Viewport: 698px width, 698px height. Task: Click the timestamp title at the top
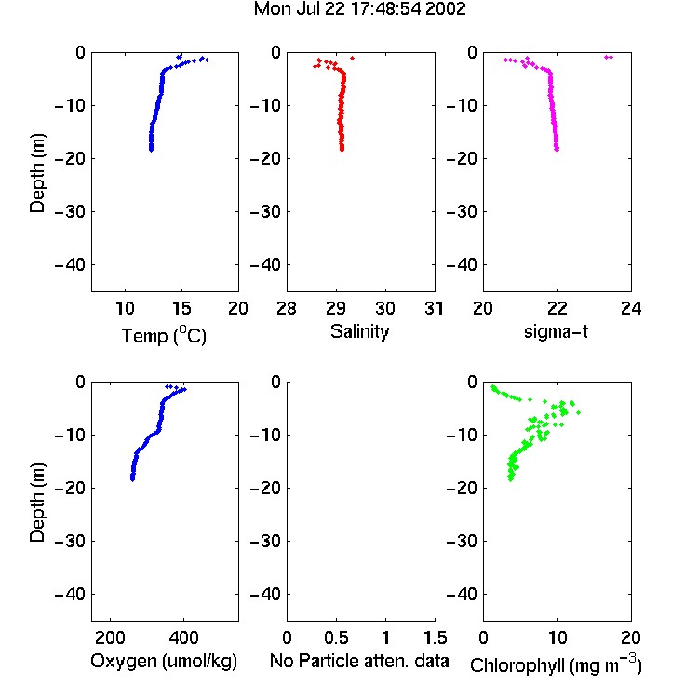[x=359, y=8]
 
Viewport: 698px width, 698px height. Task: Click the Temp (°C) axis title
[x=164, y=335]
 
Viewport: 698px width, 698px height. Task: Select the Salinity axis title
[x=359, y=331]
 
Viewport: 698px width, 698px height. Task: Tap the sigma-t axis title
[x=556, y=331]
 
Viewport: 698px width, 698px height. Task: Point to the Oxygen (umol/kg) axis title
[x=164, y=661]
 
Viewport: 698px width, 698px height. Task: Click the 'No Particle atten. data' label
[x=359, y=661]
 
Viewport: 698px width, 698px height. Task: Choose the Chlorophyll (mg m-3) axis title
[x=556, y=664]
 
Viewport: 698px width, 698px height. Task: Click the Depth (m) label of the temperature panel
[x=37, y=173]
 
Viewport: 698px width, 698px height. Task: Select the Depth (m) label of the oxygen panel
[x=37, y=503]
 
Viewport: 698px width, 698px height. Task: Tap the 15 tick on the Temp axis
[x=181, y=308]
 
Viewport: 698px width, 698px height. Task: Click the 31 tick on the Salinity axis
[x=435, y=308]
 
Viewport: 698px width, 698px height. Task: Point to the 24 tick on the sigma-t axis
[x=631, y=308]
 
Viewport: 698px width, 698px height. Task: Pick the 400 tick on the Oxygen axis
[x=183, y=638]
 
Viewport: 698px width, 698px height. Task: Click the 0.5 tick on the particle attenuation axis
[x=337, y=638]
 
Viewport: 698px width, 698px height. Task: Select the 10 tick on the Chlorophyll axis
[x=557, y=638]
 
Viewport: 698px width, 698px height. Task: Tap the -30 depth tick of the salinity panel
[x=265, y=212]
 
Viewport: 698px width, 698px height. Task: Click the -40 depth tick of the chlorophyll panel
[x=462, y=595]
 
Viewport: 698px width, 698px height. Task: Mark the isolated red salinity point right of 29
[x=352, y=58]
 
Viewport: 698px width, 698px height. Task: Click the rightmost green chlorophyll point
[x=578, y=412]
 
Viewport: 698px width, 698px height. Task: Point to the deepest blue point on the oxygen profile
[x=132, y=479]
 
